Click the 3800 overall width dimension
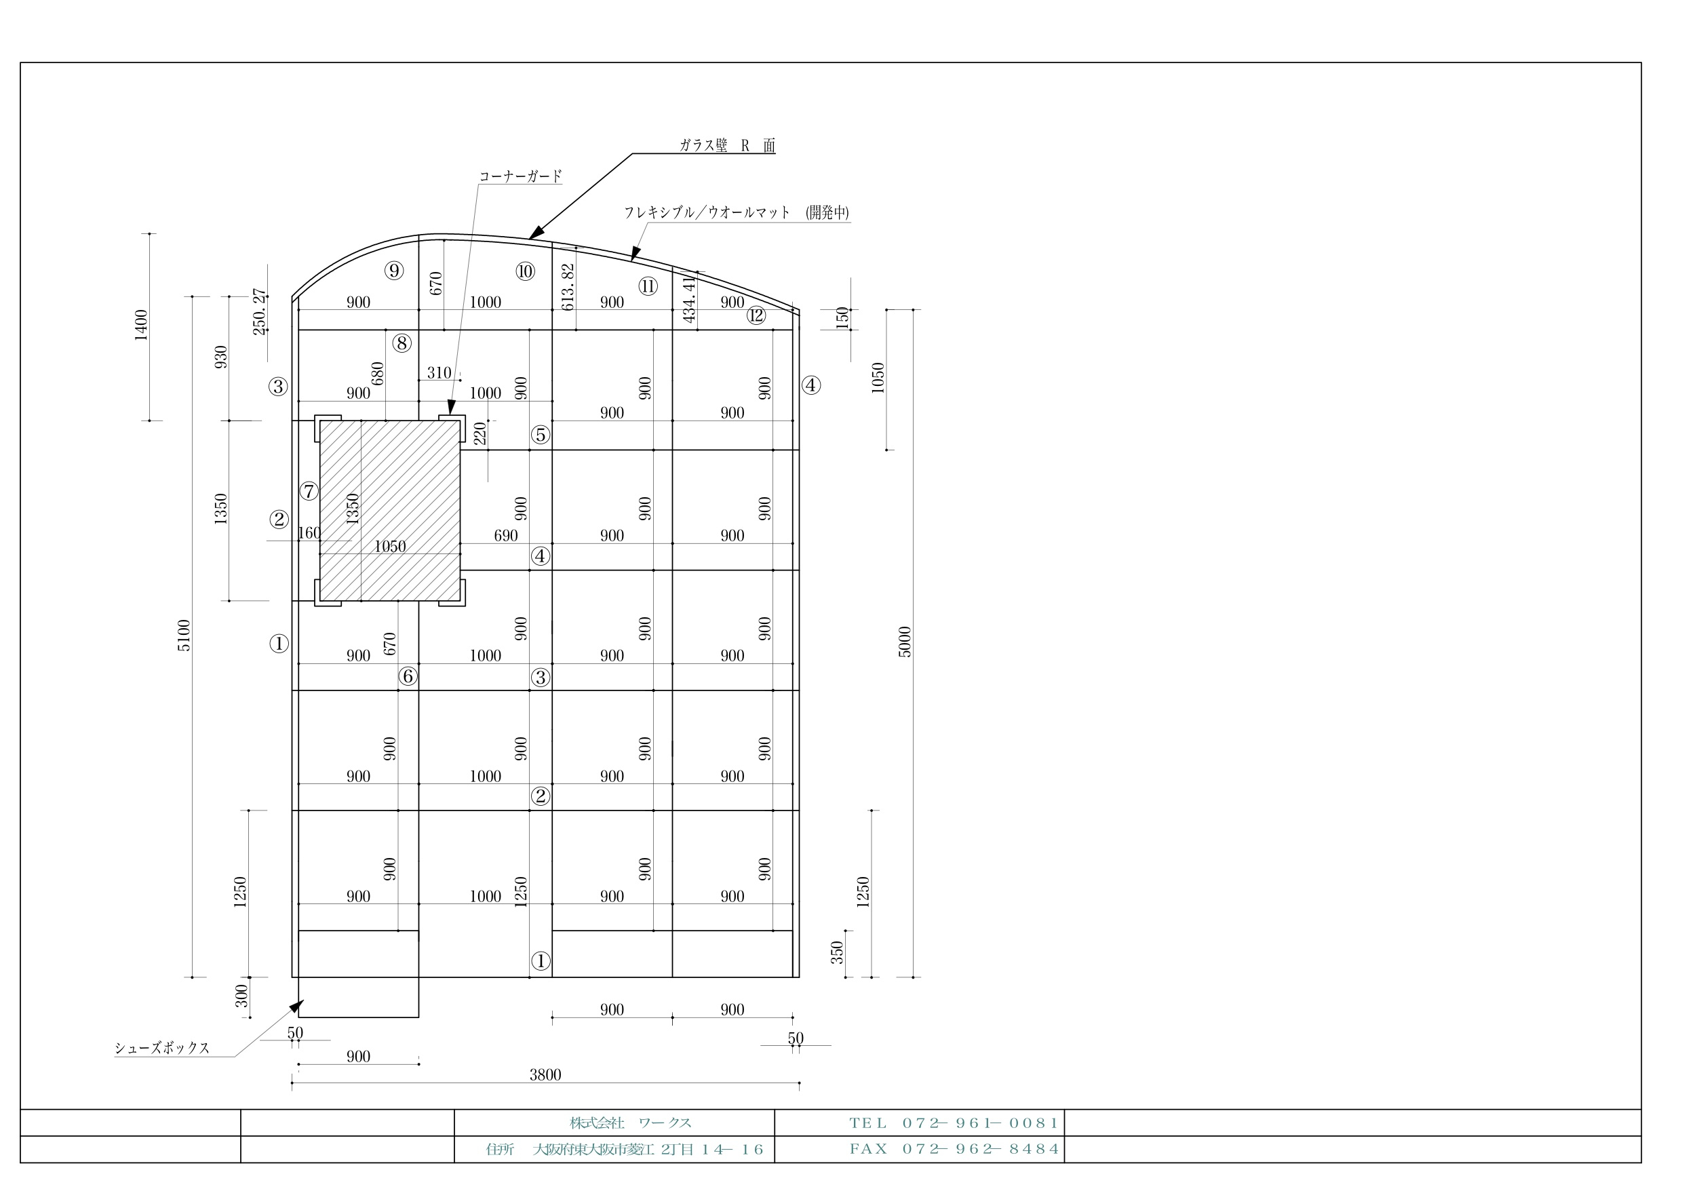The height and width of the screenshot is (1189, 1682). point(545,1075)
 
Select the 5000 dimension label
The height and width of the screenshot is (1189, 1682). point(905,642)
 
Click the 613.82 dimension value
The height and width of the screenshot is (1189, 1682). point(568,287)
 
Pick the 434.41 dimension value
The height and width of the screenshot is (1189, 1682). point(688,299)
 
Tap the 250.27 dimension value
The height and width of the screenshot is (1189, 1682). point(259,311)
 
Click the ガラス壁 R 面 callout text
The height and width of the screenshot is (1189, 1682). point(726,145)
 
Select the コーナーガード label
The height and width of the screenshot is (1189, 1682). point(520,176)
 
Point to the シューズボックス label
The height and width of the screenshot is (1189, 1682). point(162,1048)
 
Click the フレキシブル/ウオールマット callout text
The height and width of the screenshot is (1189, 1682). point(707,212)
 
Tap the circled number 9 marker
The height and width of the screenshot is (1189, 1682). point(394,271)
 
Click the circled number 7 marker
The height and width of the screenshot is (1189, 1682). point(309,491)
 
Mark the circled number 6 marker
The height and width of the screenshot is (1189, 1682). point(408,676)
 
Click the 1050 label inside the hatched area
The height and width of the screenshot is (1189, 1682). point(390,546)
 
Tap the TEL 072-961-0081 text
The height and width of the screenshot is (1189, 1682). point(954,1123)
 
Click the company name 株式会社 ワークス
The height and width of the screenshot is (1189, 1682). point(631,1123)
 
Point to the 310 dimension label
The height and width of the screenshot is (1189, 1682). point(439,372)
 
